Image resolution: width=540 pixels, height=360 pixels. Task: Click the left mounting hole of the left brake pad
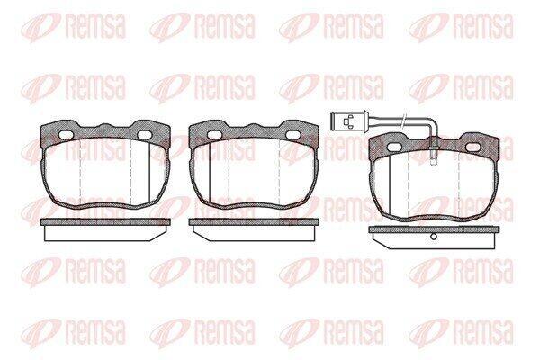pos(66,134)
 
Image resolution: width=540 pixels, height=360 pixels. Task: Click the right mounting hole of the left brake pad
pos(145,135)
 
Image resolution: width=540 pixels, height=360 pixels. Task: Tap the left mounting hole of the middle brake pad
pos(214,134)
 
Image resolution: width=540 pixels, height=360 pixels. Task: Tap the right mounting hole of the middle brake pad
pos(293,135)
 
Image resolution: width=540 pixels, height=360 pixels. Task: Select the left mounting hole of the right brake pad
pos(394,147)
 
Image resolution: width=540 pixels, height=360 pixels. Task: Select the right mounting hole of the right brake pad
pos(472,148)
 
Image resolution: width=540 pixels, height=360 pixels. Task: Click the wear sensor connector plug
pos(348,121)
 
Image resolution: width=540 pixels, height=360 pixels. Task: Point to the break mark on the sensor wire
pos(403,122)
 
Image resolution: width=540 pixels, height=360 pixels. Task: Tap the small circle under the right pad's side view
pos(434,237)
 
